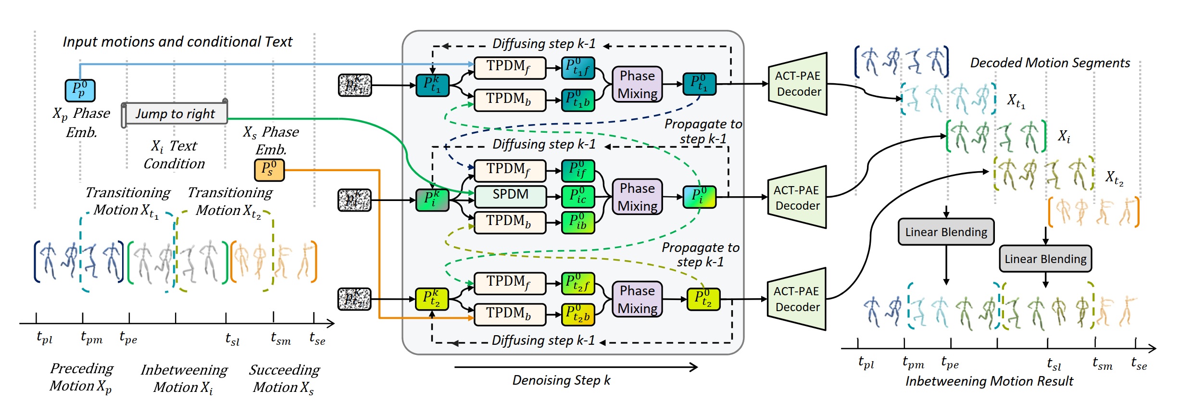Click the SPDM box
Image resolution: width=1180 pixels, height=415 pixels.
(x=510, y=195)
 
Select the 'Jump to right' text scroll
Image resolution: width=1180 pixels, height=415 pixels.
(x=175, y=114)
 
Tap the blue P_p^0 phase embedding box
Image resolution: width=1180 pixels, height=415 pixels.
(x=80, y=90)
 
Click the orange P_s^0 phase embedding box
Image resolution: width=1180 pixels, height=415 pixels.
(x=269, y=170)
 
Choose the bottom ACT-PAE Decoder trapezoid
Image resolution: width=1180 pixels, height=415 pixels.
(x=797, y=299)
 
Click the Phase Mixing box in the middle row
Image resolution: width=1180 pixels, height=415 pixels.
(x=637, y=197)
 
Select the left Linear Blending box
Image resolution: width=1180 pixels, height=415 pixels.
(x=946, y=232)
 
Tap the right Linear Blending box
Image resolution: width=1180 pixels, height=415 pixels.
(x=1045, y=259)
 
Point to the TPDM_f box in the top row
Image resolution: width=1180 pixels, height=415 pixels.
(x=510, y=67)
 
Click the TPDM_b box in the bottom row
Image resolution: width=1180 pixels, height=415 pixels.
(x=510, y=314)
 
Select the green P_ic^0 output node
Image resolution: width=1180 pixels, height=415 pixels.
(x=578, y=196)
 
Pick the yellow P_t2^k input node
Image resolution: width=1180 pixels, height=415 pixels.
(x=431, y=299)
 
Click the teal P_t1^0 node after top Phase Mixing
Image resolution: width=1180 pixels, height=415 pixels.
(x=700, y=84)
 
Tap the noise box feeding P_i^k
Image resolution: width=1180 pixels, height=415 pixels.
(x=354, y=200)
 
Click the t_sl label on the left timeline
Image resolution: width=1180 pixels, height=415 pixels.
(x=232, y=340)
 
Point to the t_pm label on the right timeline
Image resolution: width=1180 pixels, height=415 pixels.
(x=913, y=363)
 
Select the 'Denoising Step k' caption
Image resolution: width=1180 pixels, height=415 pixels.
(x=561, y=380)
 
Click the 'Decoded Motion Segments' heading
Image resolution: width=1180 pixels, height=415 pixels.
(x=1050, y=63)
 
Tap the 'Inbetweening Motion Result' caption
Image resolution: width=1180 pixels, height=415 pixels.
(x=989, y=381)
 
